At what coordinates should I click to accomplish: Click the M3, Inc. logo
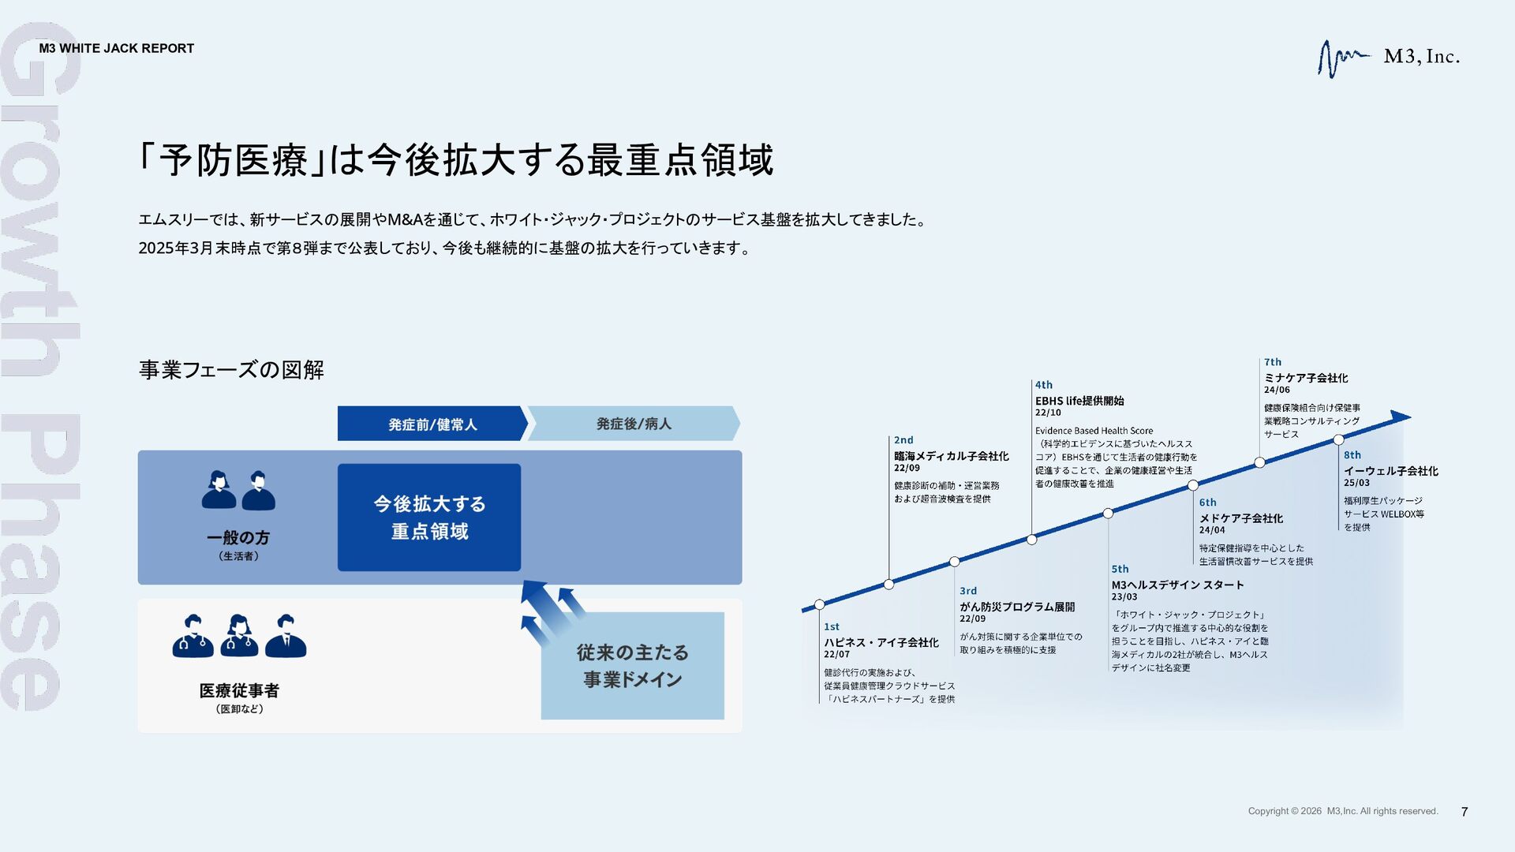tap(1389, 58)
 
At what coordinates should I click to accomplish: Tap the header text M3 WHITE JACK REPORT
tap(117, 48)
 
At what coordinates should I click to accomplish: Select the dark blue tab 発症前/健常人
tap(432, 424)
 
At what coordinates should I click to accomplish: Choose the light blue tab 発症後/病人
tap(634, 424)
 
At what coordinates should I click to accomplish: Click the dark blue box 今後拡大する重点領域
tap(429, 518)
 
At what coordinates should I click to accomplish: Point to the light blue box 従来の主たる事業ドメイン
tap(632, 666)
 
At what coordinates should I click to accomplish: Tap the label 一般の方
tap(238, 538)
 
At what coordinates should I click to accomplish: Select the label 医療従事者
tap(239, 691)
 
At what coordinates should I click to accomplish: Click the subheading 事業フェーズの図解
tap(231, 369)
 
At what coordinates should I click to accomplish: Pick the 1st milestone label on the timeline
tap(832, 626)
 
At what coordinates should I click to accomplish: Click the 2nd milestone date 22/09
tap(907, 468)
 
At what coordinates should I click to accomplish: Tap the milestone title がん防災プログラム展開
tap(1017, 607)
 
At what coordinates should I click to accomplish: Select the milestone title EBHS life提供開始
tap(1079, 401)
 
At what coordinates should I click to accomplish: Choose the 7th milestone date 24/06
tap(1277, 390)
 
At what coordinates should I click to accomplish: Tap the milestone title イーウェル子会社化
tap(1390, 471)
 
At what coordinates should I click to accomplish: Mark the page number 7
tap(1464, 812)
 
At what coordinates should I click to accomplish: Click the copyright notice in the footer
tap(1342, 811)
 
